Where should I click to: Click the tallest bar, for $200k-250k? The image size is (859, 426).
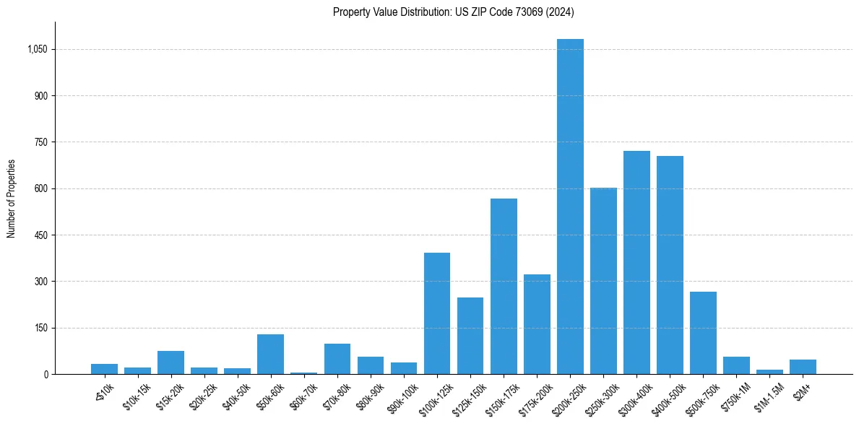pos(570,207)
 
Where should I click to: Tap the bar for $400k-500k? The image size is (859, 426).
pos(670,265)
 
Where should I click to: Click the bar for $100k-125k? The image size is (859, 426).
pos(437,313)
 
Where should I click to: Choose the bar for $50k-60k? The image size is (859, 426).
pos(270,354)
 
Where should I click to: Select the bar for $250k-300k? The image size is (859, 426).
pos(603,281)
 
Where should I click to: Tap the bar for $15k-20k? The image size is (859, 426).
pos(170,362)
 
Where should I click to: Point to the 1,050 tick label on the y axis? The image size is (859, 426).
pos(37,50)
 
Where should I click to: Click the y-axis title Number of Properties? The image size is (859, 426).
pos(11,199)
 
